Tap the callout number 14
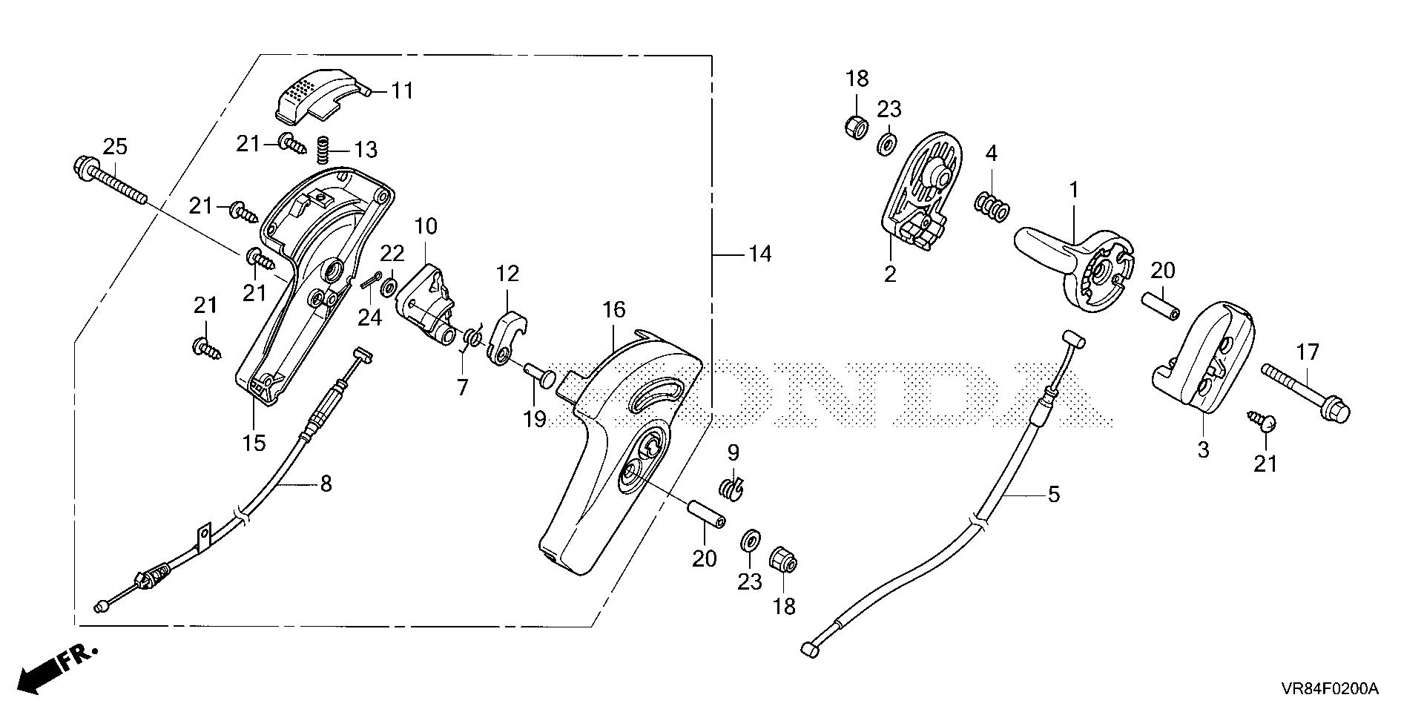(x=759, y=254)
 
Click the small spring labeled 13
(x=323, y=151)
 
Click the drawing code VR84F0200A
(x=1328, y=690)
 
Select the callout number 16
(x=614, y=311)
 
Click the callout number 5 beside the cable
(x=1053, y=493)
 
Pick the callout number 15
(x=254, y=443)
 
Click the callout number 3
(x=1203, y=449)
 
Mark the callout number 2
(x=890, y=274)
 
